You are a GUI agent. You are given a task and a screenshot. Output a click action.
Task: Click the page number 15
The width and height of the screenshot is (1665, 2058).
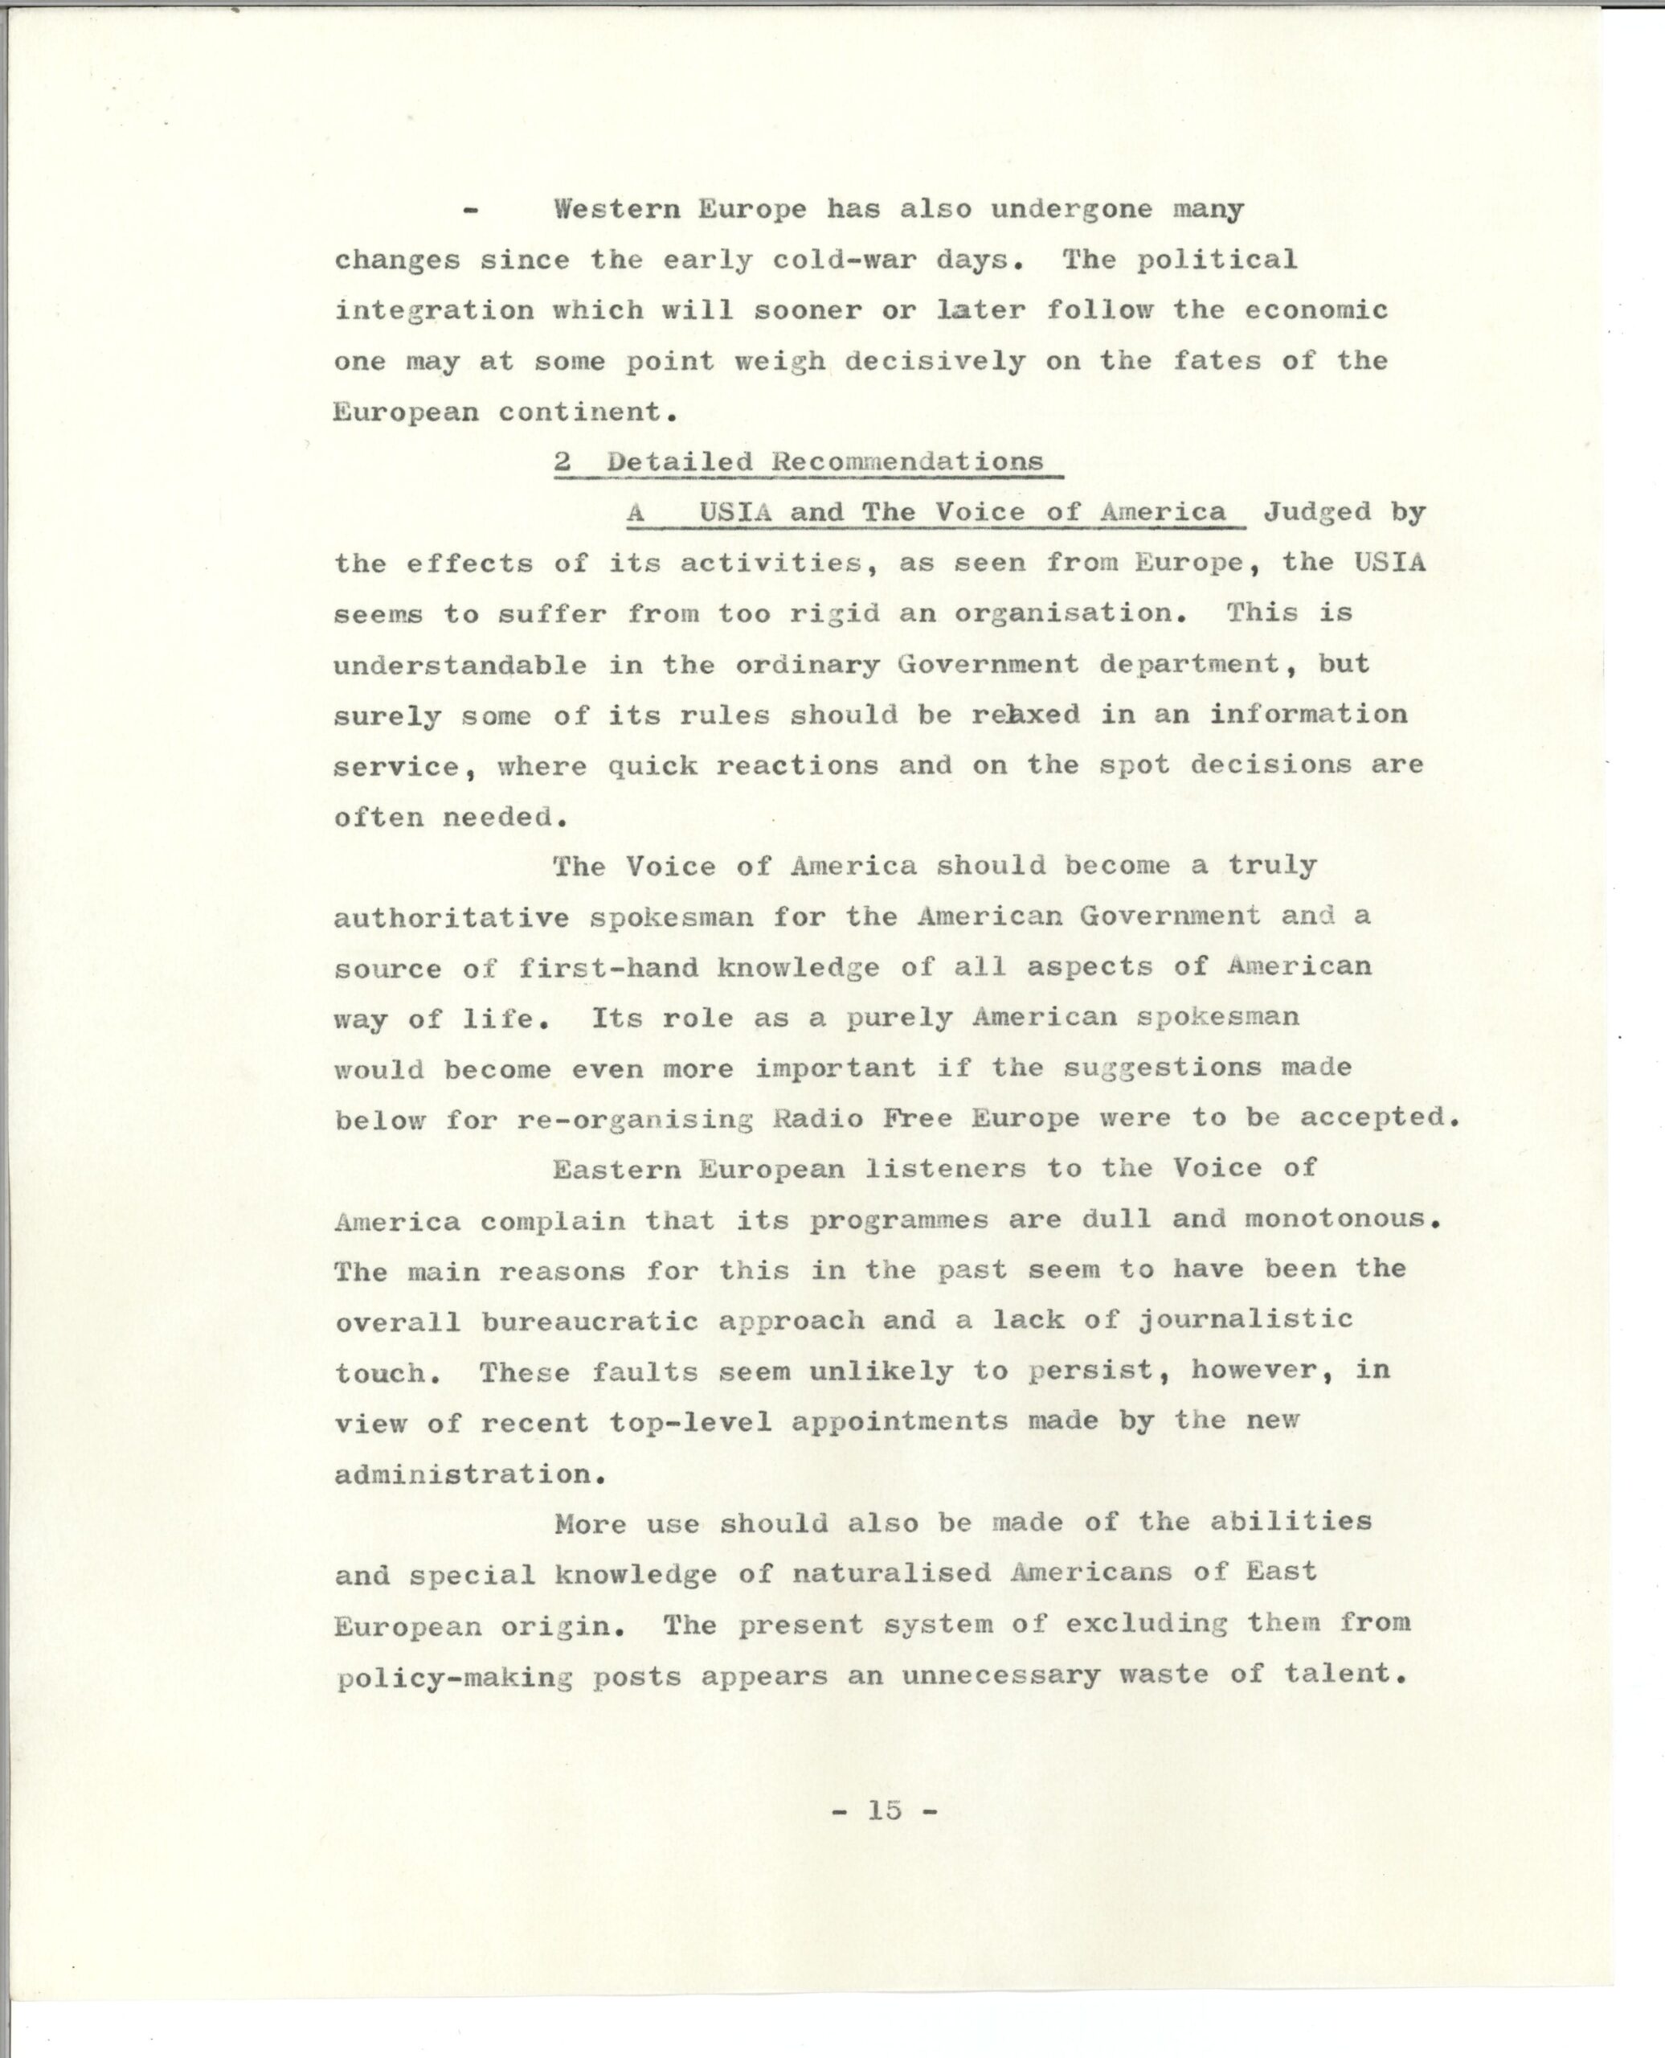pos(884,1810)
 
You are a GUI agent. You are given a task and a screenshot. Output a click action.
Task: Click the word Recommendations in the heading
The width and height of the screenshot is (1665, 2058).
pos(906,461)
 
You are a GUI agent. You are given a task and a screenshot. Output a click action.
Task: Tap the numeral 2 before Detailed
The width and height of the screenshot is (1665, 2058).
pos(563,461)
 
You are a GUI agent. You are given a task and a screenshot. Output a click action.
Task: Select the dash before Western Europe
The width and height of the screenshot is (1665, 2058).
pos(470,210)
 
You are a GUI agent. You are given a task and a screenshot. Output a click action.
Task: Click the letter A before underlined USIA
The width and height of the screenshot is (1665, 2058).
pos(636,512)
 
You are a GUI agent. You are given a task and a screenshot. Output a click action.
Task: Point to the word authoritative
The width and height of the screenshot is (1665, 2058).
pos(452,917)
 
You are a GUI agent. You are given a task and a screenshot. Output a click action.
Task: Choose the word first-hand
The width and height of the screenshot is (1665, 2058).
pos(608,967)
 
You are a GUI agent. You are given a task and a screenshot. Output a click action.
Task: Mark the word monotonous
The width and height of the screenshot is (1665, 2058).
pos(1343,1219)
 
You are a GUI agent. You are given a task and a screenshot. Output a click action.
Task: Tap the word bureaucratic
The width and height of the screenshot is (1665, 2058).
pos(589,1320)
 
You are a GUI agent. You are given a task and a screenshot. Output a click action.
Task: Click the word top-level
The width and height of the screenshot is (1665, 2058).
pos(689,1422)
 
